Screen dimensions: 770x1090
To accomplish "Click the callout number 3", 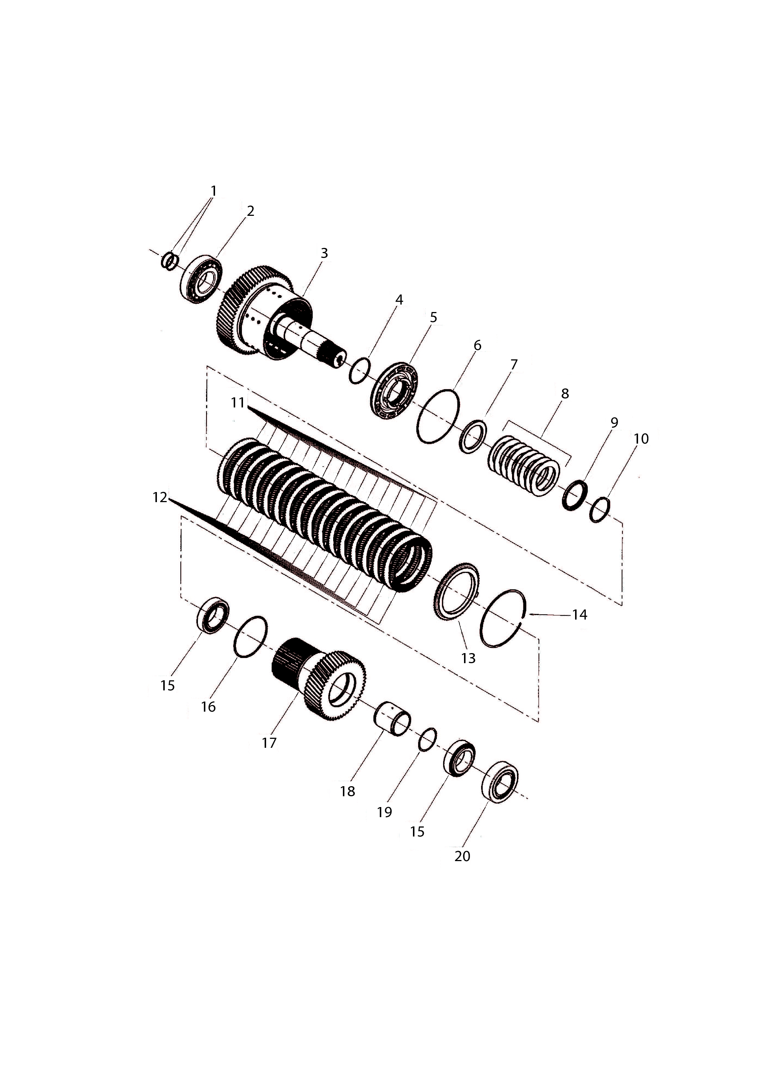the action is (x=324, y=253).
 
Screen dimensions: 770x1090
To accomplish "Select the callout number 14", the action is (x=580, y=615).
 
